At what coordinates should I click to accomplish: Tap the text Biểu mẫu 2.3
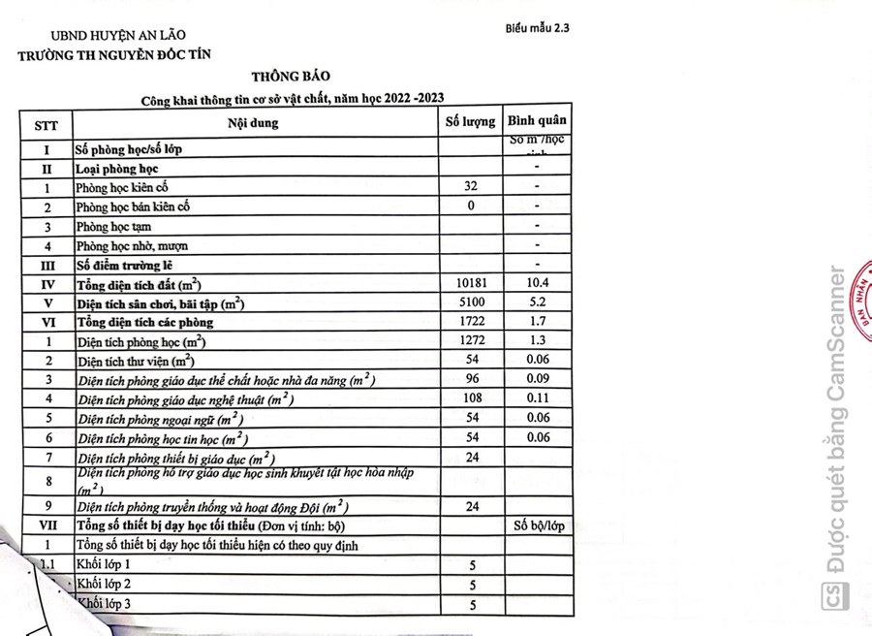[536, 28]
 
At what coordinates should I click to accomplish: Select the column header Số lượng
[471, 122]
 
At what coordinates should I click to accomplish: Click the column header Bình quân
[538, 121]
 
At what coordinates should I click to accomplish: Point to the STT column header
[46, 125]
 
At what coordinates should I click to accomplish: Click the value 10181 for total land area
[471, 282]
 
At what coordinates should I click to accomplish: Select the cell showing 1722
[471, 321]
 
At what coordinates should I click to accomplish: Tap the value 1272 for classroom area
[471, 340]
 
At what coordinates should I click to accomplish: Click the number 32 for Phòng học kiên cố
[471, 186]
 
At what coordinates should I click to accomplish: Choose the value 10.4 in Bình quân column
[537, 282]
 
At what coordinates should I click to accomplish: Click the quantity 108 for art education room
[471, 397]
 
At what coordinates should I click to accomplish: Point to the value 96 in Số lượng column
[471, 378]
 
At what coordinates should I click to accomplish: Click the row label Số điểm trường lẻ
[138, 265]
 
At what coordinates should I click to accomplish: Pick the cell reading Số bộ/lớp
[538, 526]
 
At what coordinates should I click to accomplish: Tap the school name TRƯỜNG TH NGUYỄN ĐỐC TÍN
[114, 54]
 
